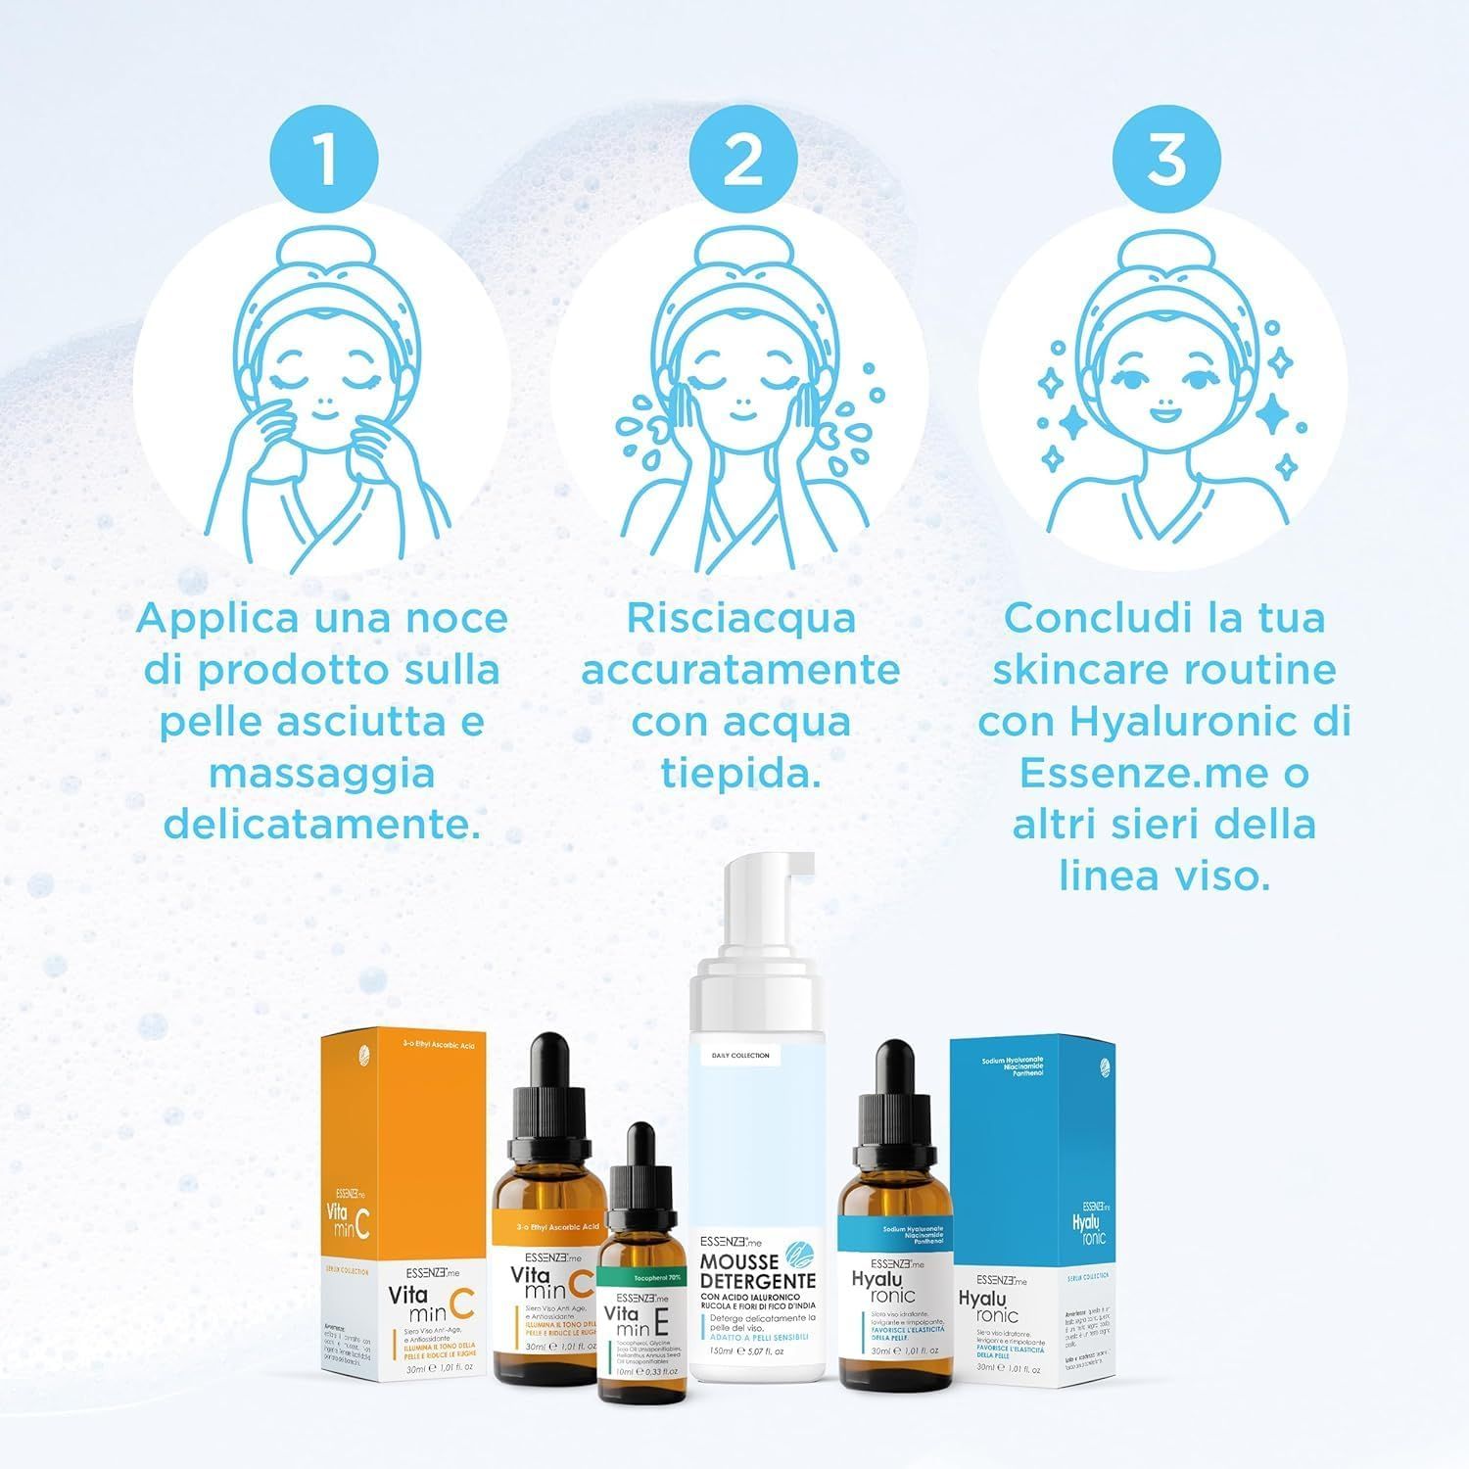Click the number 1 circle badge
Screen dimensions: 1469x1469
click(323, 158)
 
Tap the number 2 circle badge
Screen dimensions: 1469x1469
click(743, 158)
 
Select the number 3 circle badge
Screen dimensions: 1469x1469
click(1164, 158)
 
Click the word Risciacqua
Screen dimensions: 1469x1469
click(740, 619)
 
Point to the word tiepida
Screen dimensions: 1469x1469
click(740, 775)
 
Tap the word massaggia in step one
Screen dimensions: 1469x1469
click(322, 774)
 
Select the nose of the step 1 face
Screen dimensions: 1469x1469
click(325, 400)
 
